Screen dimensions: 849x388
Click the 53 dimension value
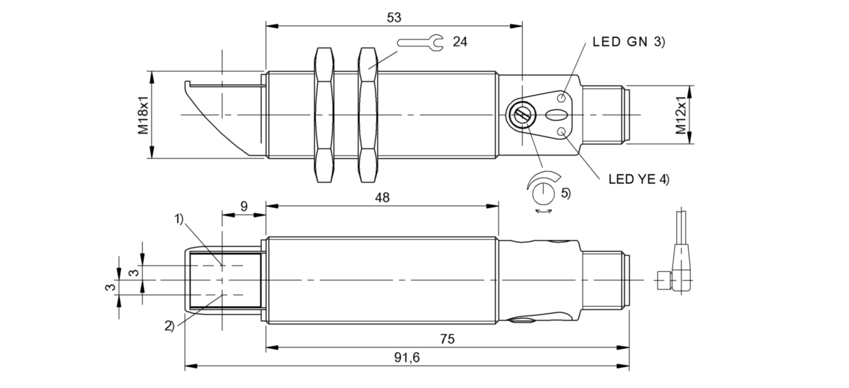(x=394, y=17)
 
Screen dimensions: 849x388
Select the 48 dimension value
(x=382, y=197)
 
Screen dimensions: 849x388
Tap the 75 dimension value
(x=447, y=339)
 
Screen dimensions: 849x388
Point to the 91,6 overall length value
(x=407, y=357)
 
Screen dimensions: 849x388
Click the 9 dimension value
(x=244, y=206)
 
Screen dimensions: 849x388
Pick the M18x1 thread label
(x=143, y=115)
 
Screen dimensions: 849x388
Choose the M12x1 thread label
(x=680, y=115)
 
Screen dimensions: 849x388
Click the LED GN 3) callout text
(x=629, y=42)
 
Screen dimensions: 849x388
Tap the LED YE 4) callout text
(x=639, y=179)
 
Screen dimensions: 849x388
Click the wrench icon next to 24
(x=420, y=42)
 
